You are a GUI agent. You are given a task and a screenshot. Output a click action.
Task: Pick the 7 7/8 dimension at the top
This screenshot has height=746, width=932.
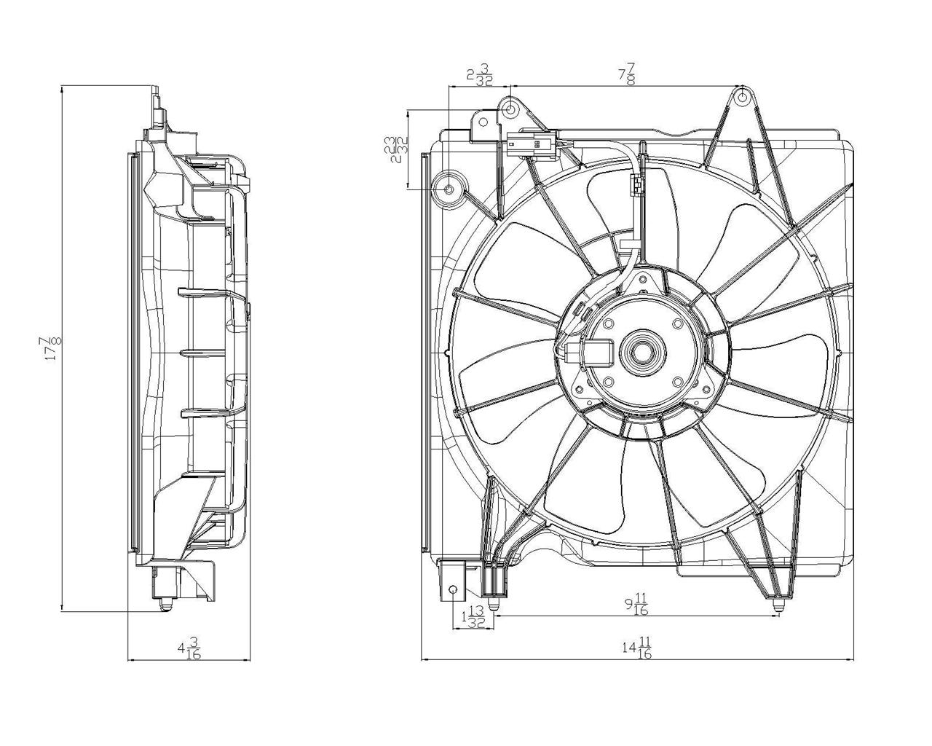[x=627, y=74]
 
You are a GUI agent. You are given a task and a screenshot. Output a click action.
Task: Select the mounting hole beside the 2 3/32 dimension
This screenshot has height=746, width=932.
[x=511, y=109]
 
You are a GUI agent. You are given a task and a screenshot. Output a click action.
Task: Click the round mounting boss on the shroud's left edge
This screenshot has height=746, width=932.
[x=449, y=189]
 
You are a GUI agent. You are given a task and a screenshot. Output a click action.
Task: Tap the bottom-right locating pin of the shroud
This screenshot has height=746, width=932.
[x=778, y=603]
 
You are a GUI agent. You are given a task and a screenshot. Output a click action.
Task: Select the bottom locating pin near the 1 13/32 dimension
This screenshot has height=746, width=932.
[x=495, y=602]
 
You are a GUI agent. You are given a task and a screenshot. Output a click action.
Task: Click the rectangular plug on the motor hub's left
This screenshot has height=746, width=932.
[x=592, y=356]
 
